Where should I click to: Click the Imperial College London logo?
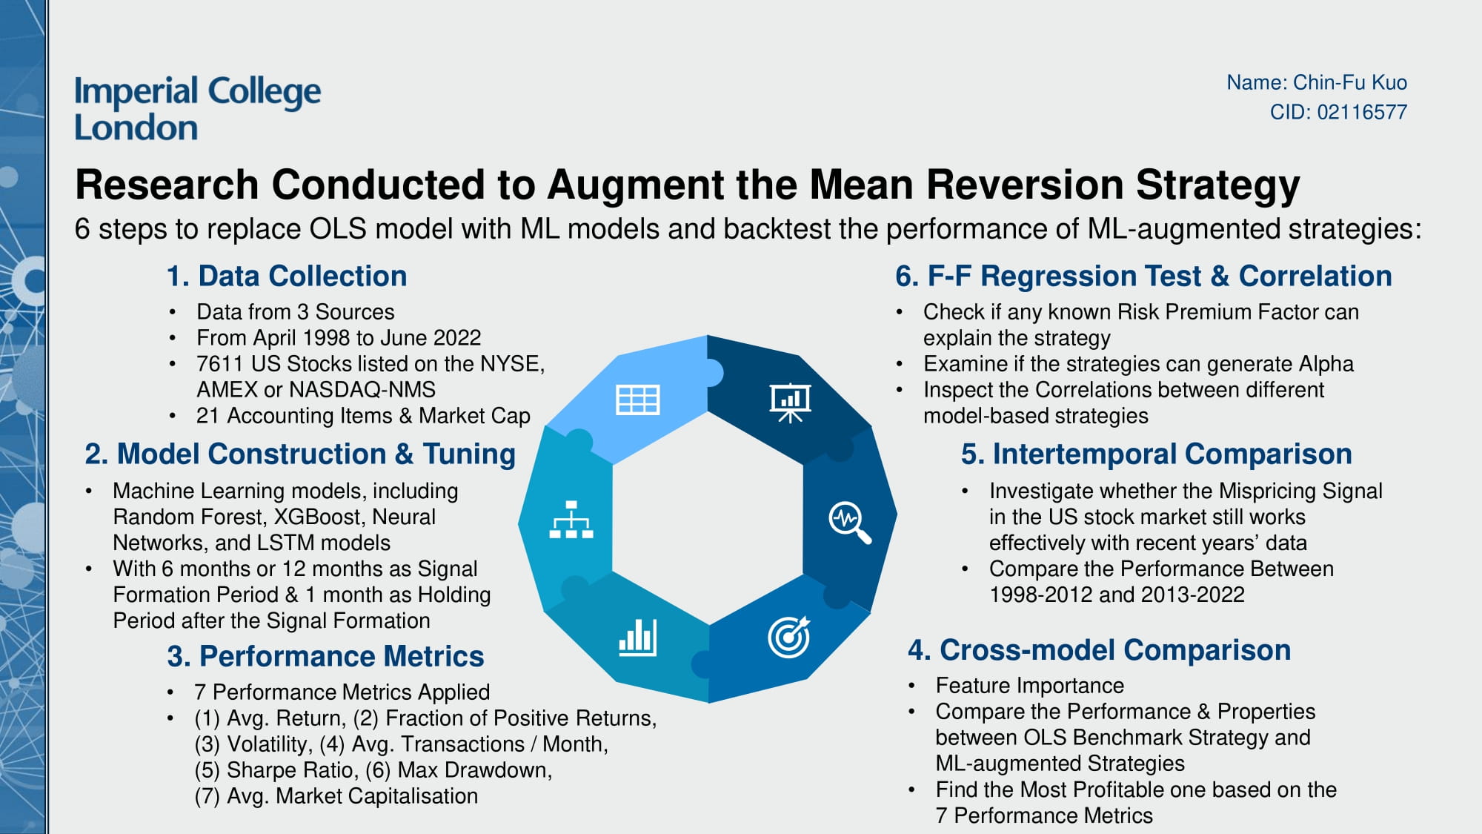197,108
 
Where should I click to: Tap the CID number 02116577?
1362,112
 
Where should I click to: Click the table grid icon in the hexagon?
637,400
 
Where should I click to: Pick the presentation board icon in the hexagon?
790,403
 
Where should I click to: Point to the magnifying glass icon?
849,522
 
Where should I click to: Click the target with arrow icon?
789,637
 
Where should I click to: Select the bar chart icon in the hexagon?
637,638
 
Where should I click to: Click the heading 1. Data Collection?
287,276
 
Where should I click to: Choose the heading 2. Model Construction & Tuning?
300,454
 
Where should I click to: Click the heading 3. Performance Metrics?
325,656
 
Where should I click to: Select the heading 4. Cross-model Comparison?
1099,650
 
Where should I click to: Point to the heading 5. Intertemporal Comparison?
1156,454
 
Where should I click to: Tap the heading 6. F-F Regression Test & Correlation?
1143,276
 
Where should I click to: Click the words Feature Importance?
1029,686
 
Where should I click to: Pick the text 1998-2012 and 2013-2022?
1116,595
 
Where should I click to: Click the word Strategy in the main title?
1217,185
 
